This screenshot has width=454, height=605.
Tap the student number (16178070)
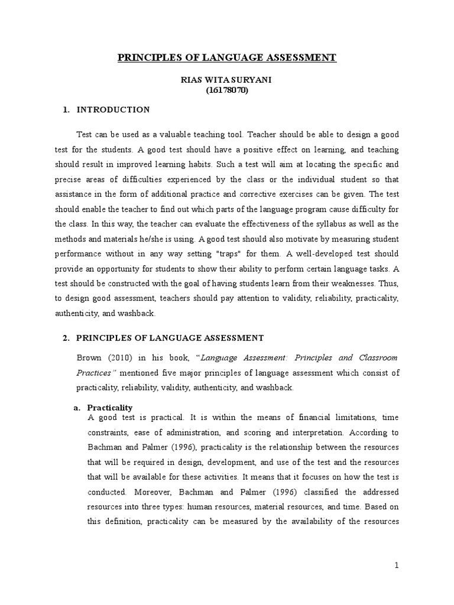click(x=227, y=91)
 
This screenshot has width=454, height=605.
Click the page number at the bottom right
click(x=398, y=565)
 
